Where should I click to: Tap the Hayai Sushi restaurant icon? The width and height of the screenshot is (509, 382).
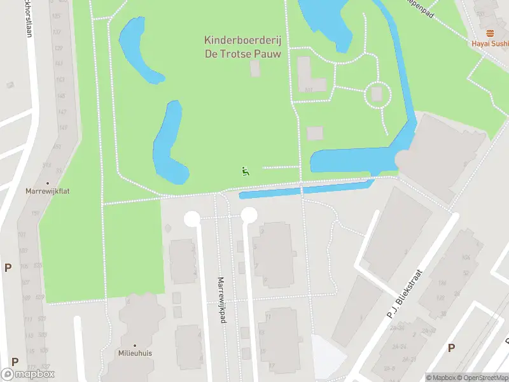(x=489, y=33)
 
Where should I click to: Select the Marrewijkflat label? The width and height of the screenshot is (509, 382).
(x=46, y=190)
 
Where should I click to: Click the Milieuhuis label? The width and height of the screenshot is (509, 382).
(x=134, y=353)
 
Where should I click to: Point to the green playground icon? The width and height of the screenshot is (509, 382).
(x=245, y=171)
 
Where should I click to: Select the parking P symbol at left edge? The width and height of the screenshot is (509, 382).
(x=8, y=268)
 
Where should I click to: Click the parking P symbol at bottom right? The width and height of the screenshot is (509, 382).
(x=451, y=348)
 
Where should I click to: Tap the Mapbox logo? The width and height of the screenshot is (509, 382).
(x=28, y=374)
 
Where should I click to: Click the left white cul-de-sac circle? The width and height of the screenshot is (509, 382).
(x=192, y=219)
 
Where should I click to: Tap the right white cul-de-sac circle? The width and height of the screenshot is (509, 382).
(x=249, y=215)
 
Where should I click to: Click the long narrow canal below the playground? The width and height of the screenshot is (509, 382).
(x=305, y=190)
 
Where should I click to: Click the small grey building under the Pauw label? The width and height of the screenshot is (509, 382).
(x=255, y=69)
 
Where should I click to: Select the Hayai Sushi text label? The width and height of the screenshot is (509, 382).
(x=490, y=44)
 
